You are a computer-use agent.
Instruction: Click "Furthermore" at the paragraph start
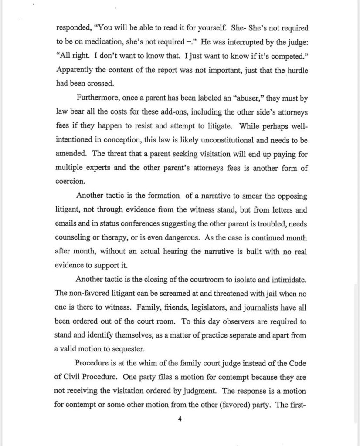pos(97,98)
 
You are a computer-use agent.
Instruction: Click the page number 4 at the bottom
pos(180,419)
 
